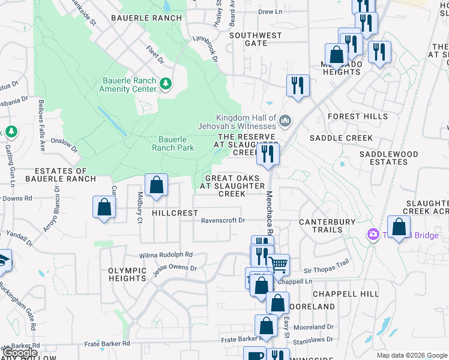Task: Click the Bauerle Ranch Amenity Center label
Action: tap(129, 85)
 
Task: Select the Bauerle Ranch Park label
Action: tap(173, 143)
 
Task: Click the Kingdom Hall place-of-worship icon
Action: tap(285, 121)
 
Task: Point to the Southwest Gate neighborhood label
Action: tap(256, 39)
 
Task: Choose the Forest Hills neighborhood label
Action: tap(358, 116)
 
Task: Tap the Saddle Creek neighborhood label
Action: tap(341, 138)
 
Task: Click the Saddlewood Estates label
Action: tap(388, 158)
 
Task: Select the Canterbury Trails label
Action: tap(328, 226)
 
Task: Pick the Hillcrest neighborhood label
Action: tap(175, 213)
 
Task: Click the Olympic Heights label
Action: tap(127, 274)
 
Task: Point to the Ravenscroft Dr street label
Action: tap(223, 220)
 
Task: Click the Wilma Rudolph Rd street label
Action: tap(166, 254)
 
